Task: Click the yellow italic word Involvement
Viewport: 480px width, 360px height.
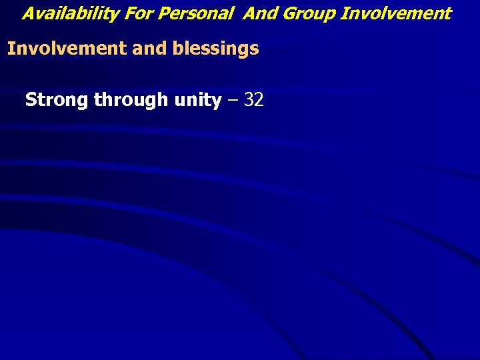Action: pyautogui.click(x=395, y=13)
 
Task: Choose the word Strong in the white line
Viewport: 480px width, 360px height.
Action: pyautogui.click(x=57, y=100)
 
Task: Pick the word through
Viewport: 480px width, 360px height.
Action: pyautogui.click(x=131, y=100)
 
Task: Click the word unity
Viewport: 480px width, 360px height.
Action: pyautogui.click(x=197, y=100)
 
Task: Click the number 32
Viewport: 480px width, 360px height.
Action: pyautogui.click(x=254, y=100)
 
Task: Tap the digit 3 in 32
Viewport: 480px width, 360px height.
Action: pyautogui.click(x=249, y=100)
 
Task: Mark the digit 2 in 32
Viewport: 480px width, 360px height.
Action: pyautogui.click(x=259, y=100)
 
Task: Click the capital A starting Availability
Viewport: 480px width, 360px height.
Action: pyautogui.click(x=29, y=13)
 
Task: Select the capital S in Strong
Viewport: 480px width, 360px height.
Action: pyautogui.click(x=31, y=100)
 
